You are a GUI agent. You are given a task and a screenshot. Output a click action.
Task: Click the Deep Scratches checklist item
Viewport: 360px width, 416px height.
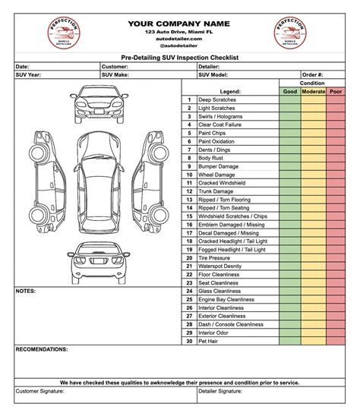217,99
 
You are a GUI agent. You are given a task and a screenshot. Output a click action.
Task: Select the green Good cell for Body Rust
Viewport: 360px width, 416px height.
290,158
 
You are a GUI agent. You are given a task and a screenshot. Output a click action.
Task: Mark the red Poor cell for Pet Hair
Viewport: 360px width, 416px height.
336,341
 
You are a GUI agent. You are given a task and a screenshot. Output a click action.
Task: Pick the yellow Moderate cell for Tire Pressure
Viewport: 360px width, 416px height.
314,257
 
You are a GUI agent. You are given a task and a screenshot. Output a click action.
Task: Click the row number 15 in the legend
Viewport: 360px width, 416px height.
188,216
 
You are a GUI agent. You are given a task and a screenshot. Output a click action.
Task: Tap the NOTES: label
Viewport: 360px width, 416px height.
26,291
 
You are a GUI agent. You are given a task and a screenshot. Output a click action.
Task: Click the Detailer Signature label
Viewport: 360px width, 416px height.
220,392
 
